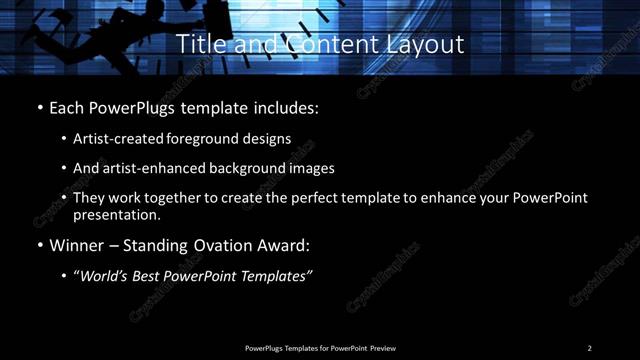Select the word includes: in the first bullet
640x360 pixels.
click(286, 106)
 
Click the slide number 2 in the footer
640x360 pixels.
click(589, 348)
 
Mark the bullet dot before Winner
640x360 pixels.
click(39, 245)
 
